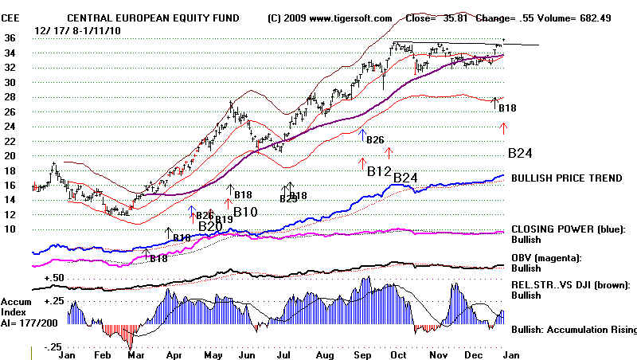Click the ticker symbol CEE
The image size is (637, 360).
11,17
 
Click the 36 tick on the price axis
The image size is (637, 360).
10,38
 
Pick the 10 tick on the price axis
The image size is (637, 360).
10,230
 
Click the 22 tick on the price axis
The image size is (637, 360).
10,142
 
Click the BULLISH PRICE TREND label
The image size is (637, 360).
567,178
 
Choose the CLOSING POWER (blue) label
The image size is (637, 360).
566,229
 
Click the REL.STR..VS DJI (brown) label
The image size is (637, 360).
572,284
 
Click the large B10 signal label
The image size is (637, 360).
245,212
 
